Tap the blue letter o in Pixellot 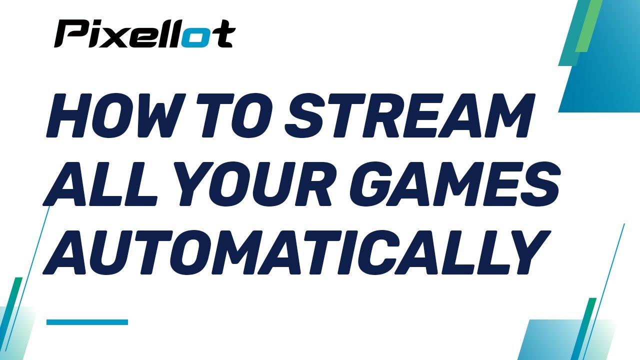coord(196,36)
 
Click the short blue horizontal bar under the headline coord(87,322)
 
